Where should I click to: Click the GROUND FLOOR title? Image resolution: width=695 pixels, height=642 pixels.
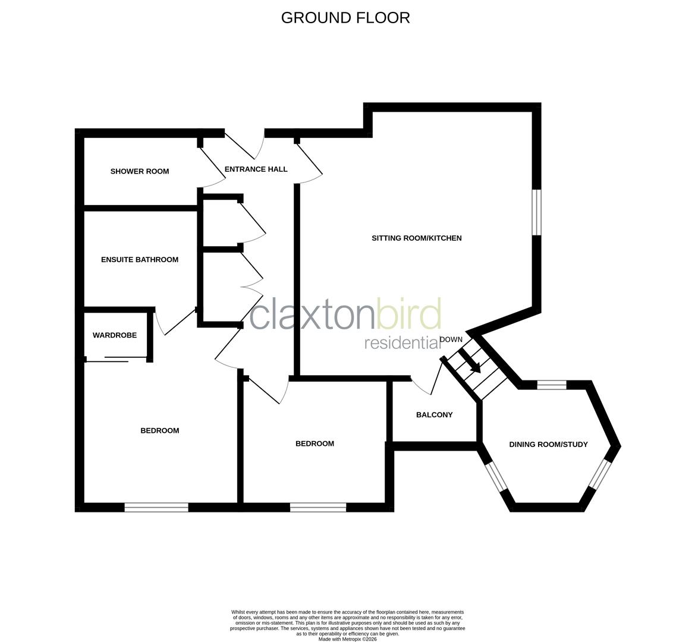pos(345,18)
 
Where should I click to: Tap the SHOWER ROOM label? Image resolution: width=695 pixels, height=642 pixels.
pos(140,171)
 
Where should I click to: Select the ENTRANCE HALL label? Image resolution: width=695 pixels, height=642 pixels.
pos(256,169)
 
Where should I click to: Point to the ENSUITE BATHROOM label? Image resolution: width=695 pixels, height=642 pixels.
pos(140,260)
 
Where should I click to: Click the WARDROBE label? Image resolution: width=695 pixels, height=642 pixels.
pos(115,335)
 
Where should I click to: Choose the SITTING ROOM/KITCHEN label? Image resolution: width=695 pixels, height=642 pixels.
pos(416,238)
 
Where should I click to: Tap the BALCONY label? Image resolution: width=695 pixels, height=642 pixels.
pos(434,415)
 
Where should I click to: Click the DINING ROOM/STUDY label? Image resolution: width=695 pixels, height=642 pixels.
pos(548,445)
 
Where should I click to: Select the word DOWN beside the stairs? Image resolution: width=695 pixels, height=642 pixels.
pos(451,339)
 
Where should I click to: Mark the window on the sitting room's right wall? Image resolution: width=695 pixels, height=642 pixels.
pos(536,212)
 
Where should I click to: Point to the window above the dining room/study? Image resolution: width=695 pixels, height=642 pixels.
pos(552,385)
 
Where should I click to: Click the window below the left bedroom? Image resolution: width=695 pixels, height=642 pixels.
pos(156,507)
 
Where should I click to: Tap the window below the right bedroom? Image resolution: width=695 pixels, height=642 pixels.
pos(318,507)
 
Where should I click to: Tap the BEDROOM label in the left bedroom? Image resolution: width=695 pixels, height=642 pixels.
pos(159,431)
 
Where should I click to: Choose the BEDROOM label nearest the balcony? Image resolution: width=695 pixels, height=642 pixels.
pos(315,444)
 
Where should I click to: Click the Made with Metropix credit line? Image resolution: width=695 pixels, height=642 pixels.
pos(347,639)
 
